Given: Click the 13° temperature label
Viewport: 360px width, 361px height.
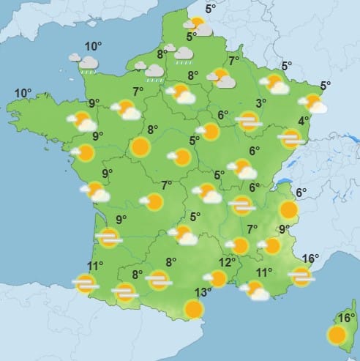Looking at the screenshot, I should coord(203,292).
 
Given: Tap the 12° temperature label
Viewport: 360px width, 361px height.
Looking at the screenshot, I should coord(226,262).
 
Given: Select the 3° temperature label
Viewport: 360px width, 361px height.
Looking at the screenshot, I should coord(260,103).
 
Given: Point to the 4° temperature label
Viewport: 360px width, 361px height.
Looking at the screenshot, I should coord(303,121).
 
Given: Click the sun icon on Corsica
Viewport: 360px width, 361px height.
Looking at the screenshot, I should coord(337,336).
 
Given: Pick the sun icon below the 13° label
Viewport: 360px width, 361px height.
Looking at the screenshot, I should coord(194,309).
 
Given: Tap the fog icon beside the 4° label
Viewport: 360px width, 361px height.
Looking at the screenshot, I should coord(290,138).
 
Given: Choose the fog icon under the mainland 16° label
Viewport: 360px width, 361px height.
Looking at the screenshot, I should coord(301,276).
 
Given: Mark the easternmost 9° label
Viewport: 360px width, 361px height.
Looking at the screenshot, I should coord(285,229).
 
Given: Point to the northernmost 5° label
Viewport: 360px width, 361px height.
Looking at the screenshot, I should coord(210,9).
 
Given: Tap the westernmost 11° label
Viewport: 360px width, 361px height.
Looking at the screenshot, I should coord(95,266).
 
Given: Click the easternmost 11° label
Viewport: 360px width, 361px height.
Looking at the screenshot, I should coord(264,272).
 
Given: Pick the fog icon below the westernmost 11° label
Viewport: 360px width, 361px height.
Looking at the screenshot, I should coord(86,284).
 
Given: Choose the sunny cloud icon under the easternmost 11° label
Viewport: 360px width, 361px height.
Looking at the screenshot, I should coord(256,291).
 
